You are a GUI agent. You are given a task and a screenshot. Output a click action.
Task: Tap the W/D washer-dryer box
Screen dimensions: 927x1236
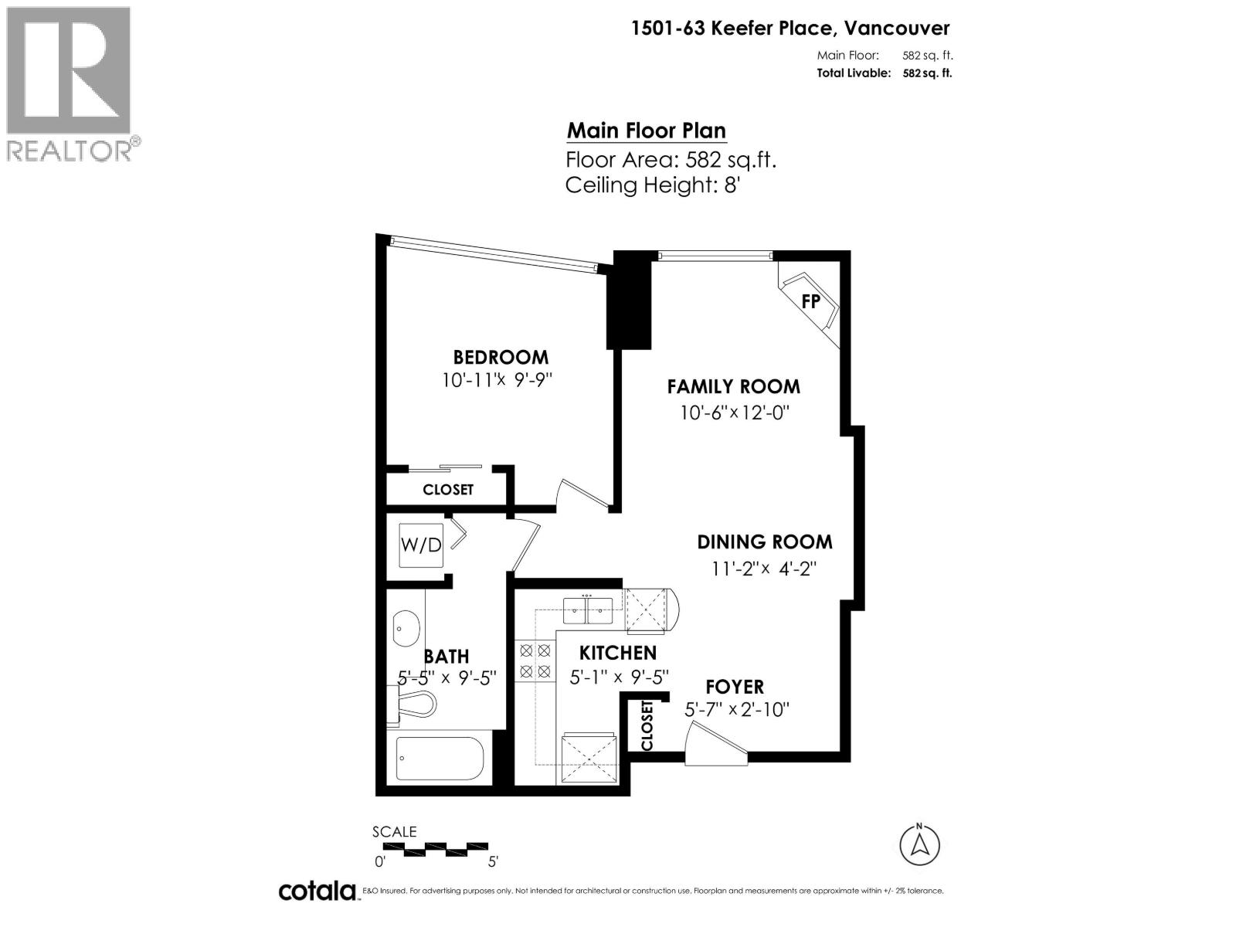421,545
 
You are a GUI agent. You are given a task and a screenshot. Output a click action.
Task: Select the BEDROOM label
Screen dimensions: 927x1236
501,357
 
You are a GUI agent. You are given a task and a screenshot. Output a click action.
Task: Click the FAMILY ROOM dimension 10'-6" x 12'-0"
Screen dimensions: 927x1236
734,413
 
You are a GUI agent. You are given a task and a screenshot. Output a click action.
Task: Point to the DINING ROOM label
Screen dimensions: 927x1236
765,542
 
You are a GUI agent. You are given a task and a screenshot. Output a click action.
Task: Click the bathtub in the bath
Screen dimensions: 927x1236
440,758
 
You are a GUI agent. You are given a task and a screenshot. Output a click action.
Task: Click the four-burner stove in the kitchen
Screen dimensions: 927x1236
535,661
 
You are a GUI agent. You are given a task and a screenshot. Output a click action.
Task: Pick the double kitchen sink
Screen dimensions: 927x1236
588,610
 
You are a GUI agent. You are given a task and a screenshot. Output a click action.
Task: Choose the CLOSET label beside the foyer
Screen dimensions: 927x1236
647,725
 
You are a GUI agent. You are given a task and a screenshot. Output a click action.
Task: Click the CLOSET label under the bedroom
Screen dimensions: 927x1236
448,490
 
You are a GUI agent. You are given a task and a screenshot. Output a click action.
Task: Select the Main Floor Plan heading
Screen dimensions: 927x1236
646,131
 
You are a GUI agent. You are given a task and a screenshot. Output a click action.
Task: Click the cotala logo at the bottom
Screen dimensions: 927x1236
317,891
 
